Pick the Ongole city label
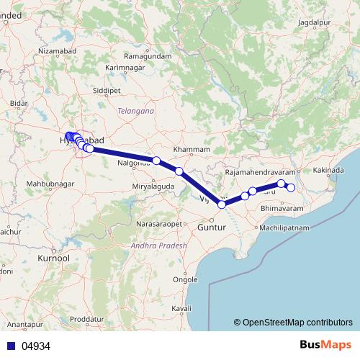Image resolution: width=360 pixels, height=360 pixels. click(186, 279)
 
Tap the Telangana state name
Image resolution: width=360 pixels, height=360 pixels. click(135, 112)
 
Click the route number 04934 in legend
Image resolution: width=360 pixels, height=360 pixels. click(36, 346)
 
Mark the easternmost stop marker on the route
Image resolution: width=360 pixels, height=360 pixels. click(292, 188)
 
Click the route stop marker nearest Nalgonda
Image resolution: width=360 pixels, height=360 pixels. click(156, 160)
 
